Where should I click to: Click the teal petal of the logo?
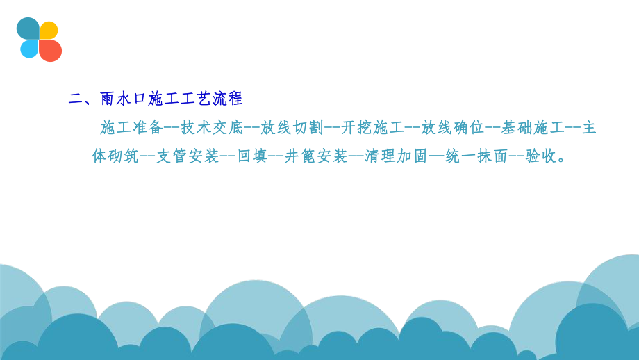click(x=28, y=28)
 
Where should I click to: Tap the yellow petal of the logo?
click(x=49, y=30)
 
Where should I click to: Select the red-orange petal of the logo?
click(x=51, y=50)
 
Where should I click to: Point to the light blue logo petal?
click(x=29, y=49)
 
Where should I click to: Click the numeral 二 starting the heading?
click(x=76, y=99)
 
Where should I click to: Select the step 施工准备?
click(x=131, y=128)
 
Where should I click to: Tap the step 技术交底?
click(x=211, y=128)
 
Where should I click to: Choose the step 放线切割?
click(x=292, y=128)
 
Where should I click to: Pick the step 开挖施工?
click(x=372, y=128)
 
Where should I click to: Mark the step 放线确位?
click(x=452, y=128)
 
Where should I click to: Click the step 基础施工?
click(x=532, y=128)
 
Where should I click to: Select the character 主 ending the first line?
click(x=589, y=128)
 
